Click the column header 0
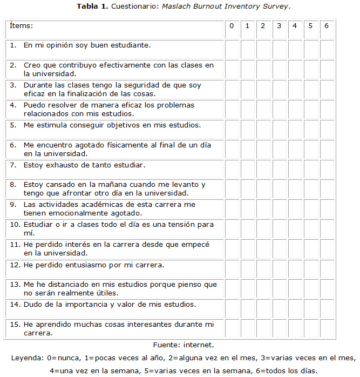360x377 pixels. click(x=232, y=26)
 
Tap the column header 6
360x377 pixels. click(x=327, y=26)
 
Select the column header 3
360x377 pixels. click(x=279, y=26)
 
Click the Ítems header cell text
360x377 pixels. click(x=21, y=26)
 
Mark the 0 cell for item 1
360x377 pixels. click(x=232, y=49)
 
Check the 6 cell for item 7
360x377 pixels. click(x=327, y=169)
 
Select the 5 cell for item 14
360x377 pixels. click(x=311, y=308)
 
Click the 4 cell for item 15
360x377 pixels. click(x=295, y=328)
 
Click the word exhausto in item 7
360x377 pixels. click(x=59, y=165)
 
